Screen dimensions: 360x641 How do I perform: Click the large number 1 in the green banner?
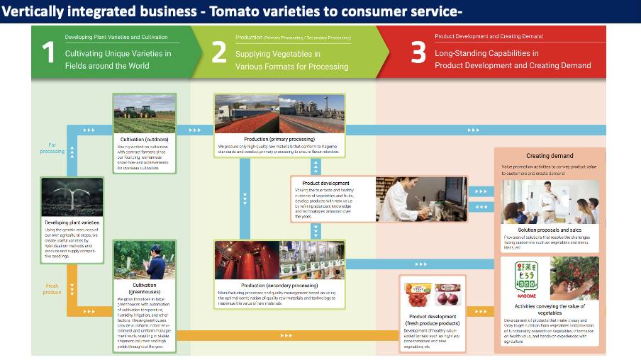tap(48, 54)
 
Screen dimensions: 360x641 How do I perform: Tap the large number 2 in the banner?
tap(219, 54)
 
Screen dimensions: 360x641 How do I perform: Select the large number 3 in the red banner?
tap(419, 54)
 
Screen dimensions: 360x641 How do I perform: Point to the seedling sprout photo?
tap(72, 197)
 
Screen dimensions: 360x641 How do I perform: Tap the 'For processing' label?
tap(52, 147)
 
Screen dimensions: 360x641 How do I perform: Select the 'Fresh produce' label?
tap(52, 288)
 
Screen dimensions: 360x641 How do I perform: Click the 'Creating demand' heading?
tap(550, 156)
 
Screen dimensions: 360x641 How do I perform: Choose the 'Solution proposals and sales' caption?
tap(550, 230)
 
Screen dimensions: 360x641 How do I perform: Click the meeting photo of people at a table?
tap(550, 202)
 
